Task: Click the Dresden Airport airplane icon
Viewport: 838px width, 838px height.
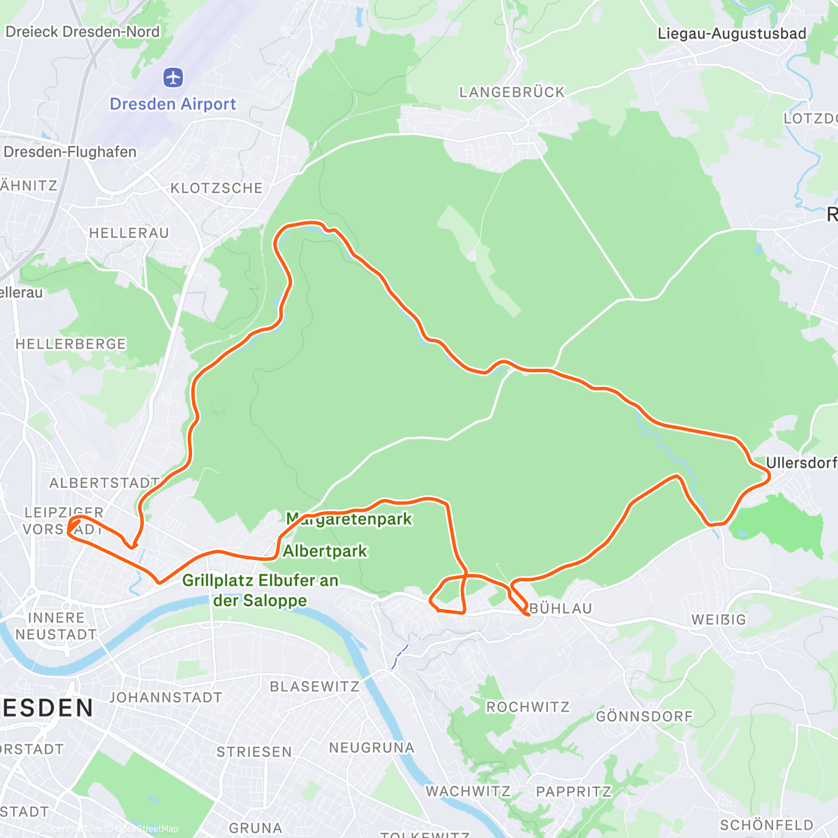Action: pos(173,77)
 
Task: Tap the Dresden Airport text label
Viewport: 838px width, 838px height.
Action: pos(173,104)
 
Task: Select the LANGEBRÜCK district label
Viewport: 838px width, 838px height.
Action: pos(512,92)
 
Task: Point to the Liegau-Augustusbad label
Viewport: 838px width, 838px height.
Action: pos(732,34)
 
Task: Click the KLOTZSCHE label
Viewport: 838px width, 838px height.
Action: pos(216,188)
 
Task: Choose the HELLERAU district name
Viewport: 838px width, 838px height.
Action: pos(129,233)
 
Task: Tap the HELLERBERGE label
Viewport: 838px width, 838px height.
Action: pos(71,344)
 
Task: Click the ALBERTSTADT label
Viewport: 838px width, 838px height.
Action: pos(104,483)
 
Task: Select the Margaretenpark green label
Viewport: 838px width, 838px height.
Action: pos(349,519)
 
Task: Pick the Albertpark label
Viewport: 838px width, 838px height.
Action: pos(325,551)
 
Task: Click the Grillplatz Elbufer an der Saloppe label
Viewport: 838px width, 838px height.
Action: pos(260,590)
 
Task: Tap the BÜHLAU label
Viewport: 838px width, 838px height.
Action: pos(561,608)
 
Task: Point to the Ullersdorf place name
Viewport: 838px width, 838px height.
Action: pos(801,462)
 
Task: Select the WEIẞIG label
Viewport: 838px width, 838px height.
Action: pos(719,619)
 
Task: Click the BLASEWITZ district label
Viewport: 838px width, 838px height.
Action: pos(314,686)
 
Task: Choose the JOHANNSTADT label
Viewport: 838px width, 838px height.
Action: pos(166,698)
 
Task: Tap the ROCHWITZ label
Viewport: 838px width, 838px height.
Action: pos(528,707)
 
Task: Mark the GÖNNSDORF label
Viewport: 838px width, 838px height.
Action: pos(645,716)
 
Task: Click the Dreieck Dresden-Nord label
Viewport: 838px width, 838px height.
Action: pos(82,31)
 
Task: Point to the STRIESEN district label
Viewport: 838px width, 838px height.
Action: pos(254,751)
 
